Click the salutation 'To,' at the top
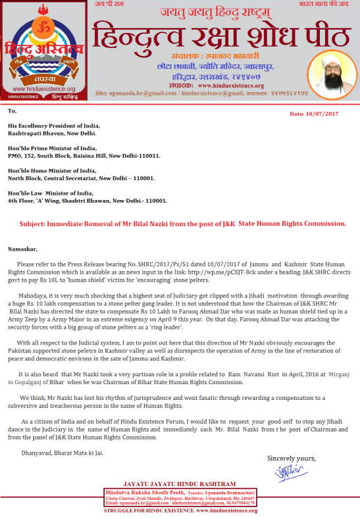coord(13,111)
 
